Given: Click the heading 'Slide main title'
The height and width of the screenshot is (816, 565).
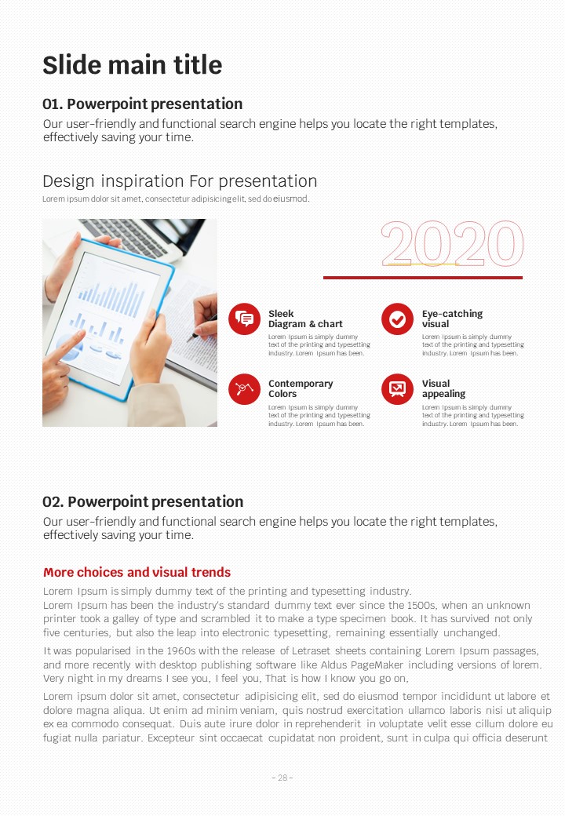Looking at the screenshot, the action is tap(132, 65).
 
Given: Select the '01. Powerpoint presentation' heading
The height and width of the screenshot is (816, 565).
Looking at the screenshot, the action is tap(143, 104).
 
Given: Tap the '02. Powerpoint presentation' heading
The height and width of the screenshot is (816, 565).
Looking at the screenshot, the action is tap(143, 501).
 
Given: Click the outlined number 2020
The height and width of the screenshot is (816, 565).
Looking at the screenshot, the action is tap(452, 243).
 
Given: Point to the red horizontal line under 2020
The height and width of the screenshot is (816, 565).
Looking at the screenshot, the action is tap(423, 278).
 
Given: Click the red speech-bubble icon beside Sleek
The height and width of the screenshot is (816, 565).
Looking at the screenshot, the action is tap(244, 319).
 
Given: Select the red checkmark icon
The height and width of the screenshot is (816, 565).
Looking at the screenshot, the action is tap(398, 319).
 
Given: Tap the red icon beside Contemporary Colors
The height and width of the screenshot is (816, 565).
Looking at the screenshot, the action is tap(244, 388).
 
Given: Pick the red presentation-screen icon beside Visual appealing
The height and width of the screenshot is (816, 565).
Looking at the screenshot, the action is tap(398, 388).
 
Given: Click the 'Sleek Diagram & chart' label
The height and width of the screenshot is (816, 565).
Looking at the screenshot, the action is tap(305, 319).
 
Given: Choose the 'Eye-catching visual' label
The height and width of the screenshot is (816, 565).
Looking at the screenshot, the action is tap(452, 319).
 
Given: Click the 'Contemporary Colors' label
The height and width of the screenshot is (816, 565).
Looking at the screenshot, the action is tap(301, 388).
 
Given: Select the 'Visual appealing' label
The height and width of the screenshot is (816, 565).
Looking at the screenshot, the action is tap(444, 388).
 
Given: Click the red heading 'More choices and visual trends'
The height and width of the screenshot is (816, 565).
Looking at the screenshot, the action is tap(137, 573).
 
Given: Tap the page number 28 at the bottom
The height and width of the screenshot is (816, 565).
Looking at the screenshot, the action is tap(282, 778).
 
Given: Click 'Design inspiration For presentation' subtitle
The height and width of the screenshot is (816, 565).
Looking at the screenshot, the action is tap(180, 181).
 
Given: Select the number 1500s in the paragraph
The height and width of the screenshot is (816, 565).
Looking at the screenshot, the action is tap(421, 605).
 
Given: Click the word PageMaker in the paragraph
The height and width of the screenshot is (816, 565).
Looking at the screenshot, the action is tap(377, 665).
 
